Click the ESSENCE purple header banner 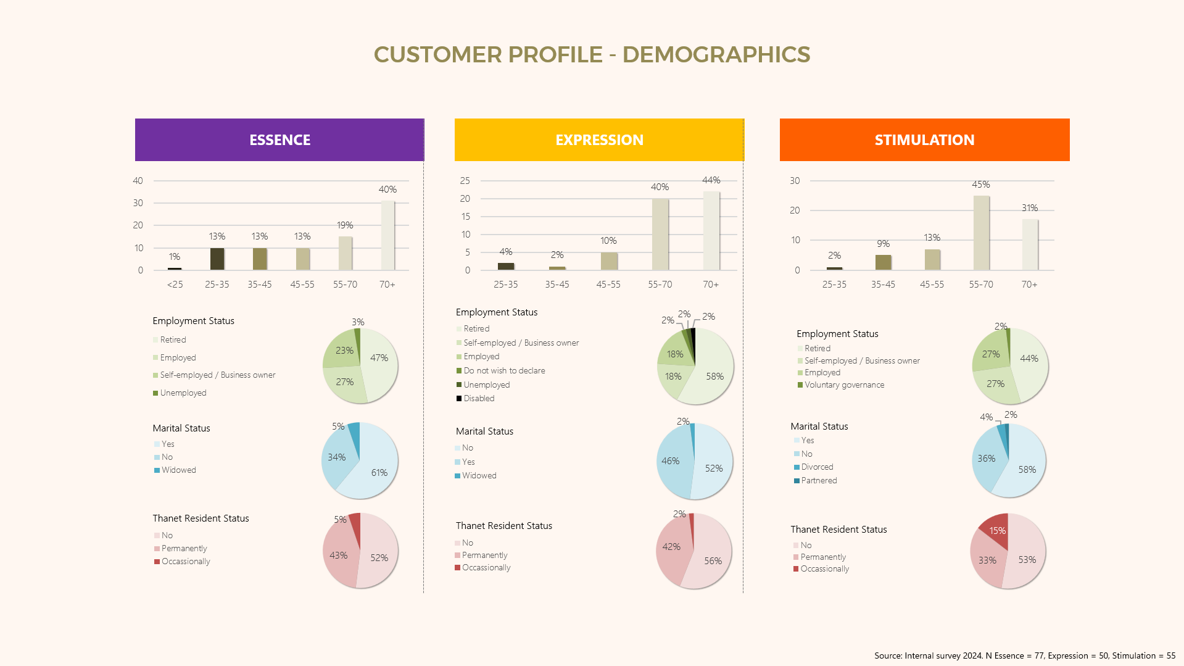pos(279,140)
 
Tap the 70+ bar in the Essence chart pos(387,236)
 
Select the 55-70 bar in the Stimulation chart pos(981,233)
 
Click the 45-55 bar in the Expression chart pos(608,261)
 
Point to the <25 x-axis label pos(175,285)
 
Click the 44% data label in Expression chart pos(711,180)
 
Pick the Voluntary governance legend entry pos(843,385)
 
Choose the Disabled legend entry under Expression pos(478,399)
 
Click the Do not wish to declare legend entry pos(503,371)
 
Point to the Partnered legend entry pos(818,481)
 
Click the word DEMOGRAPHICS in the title pos(716,55)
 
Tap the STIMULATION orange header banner pos(924,140)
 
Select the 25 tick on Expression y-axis pos(465,181)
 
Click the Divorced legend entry pos(816,467)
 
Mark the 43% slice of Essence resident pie pos(339,555)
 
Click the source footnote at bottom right pos(1024,656)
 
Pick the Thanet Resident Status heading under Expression pos(503,526)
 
